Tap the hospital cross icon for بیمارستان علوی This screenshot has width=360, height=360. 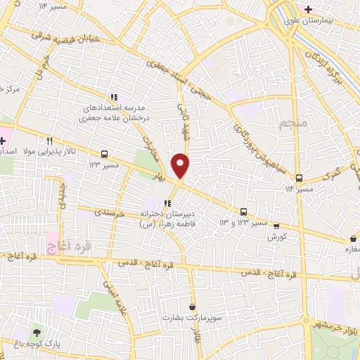(x=307, y=8)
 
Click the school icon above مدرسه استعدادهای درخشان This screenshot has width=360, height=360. (x=113, y=97)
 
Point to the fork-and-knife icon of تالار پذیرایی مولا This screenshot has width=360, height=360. (x=49, y=141)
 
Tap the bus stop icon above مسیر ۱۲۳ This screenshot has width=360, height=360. (x=104, y=154)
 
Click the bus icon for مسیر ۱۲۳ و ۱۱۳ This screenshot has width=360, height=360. (x=243, y=212)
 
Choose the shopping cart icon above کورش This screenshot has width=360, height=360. (x=276, y=226)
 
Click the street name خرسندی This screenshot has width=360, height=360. (x=110, y=211)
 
